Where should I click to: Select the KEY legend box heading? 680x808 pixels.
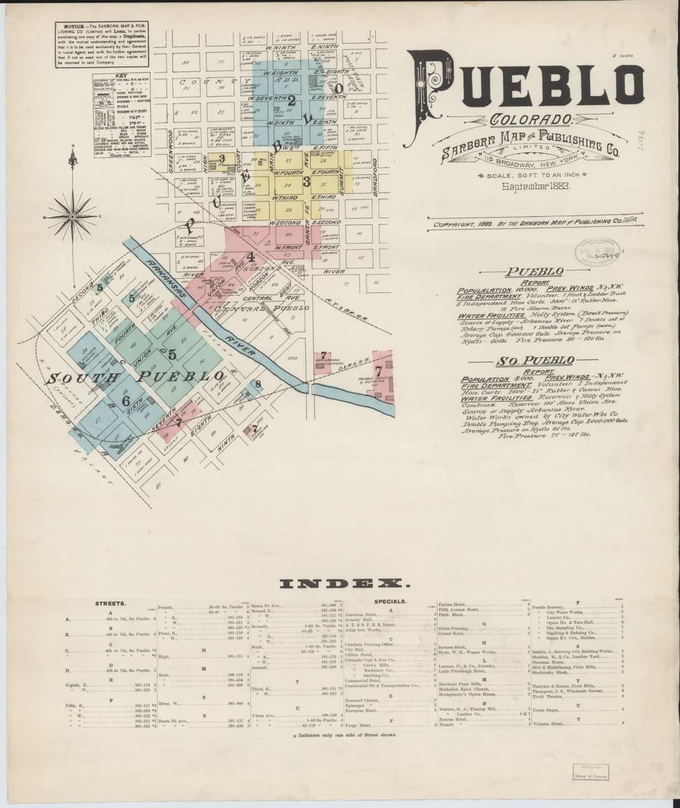click(121, 75)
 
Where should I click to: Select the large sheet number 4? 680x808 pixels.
click(250, 256)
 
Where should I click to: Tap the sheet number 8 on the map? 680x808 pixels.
click(258, 384)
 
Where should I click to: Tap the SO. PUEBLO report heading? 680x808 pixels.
click(524, 361)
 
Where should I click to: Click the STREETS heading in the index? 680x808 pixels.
click(110, 604)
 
